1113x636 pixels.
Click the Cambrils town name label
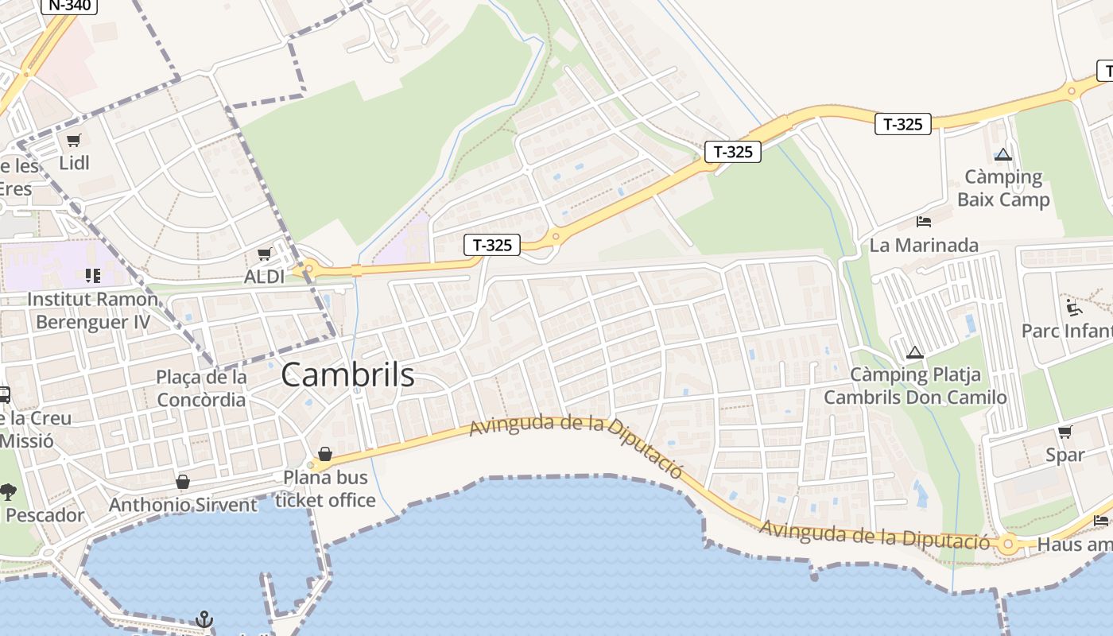[347, 375]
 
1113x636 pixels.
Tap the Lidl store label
[74, 163]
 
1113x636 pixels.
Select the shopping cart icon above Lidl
[74, 141]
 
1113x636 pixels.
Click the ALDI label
[264, 277]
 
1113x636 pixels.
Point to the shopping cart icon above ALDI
[264, 254]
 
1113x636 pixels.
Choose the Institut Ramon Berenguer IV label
[93, 311]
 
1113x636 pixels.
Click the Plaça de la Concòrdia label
[201, 388]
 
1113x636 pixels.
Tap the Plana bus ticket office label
[325, 489]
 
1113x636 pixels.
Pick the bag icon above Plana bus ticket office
[325, 454]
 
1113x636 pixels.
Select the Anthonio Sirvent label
[183, 505]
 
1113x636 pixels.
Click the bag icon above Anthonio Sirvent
[183, 482]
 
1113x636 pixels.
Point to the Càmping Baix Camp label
[1003, 188]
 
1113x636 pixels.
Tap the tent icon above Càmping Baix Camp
[1003, 154]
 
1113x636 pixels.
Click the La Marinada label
[924, 245]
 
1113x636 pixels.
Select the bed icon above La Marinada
[924, 221]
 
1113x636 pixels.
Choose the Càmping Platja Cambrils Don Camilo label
[915, 386]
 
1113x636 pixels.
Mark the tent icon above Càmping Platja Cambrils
[915, 352]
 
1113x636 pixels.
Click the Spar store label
[1065, 455]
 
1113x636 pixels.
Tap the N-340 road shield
[68, 5]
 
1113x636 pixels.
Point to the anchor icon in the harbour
[204, 619]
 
